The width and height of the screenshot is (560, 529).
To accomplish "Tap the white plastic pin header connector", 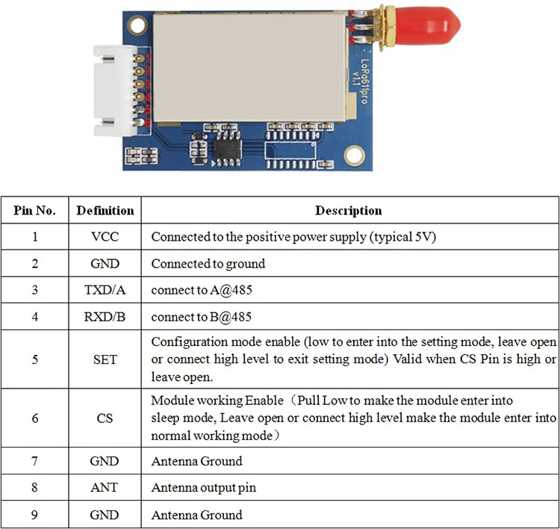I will click(112, 93).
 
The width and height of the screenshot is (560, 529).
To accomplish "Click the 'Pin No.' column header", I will click(35, 211).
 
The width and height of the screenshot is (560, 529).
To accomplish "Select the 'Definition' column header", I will click(105, 211).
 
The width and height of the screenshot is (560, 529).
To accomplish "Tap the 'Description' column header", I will click(348, 211).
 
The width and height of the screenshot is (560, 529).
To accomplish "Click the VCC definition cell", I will click(105, 237).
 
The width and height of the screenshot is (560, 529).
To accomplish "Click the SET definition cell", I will click(105, 359).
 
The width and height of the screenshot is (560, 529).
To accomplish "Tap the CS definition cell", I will click(105, 418).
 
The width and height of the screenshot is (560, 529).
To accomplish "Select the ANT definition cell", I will click(105, 488).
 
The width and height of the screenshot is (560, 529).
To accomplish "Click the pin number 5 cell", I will click(35, 359).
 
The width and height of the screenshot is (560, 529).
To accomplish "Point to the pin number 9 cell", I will click(35, 515).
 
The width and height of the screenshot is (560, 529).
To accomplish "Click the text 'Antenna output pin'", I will click(203, 488).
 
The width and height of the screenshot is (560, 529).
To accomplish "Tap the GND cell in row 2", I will click(105, 264).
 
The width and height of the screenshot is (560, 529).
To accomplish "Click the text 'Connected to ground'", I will click(208, 264).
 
